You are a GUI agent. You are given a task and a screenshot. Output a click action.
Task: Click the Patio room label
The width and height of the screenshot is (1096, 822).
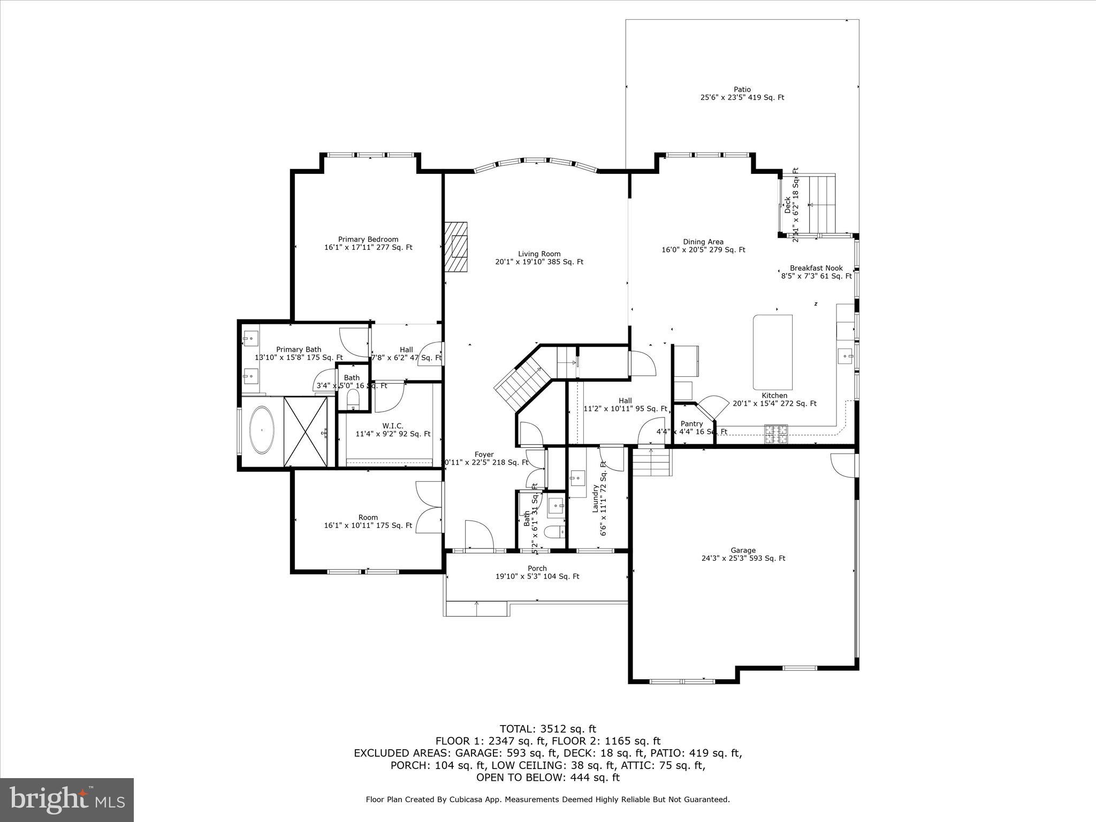click(742, 90)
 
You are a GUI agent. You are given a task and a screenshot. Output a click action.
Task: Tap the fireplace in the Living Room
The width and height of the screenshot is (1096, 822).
click(455, 248)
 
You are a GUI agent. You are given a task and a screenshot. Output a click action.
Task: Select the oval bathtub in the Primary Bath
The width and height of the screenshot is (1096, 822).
click(262, 430)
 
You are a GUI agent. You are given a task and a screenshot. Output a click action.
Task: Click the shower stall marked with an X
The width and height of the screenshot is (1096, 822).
click(305, 432)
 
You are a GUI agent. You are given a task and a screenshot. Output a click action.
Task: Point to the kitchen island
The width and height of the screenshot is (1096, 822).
click(772, 352)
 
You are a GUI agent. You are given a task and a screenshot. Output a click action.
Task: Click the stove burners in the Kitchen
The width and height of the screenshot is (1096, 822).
click(776, 433)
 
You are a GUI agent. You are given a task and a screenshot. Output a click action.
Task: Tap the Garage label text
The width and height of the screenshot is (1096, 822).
click(743, 550)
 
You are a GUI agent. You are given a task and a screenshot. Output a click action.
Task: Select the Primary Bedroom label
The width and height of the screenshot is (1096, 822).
click(368, 239)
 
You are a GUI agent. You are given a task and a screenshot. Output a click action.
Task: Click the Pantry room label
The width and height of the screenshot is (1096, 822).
click(691, 424)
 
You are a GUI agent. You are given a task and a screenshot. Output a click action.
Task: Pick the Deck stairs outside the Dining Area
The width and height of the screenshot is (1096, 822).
click(821, 204)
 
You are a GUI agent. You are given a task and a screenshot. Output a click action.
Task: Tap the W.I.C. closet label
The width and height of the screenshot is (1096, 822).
click(393, 426)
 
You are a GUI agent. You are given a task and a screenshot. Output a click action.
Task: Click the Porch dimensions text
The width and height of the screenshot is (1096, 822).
click(537, 576)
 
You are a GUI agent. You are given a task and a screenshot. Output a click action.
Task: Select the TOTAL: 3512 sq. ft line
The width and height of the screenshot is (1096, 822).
click(547, 729)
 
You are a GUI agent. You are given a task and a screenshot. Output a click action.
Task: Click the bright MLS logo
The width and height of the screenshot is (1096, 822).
click(67, 800)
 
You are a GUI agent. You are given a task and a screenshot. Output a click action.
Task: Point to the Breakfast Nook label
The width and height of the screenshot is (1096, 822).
click(816, 268)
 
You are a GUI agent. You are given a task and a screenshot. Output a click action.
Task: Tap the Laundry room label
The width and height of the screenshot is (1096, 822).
click(595, 498)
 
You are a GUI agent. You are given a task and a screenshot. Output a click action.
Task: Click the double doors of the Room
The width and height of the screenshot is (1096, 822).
click(429, 506)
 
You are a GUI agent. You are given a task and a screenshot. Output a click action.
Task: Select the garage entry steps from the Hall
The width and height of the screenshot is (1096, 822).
click(651, 462)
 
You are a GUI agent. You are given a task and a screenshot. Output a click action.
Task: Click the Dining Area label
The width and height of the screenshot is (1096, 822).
click(703, 242)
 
